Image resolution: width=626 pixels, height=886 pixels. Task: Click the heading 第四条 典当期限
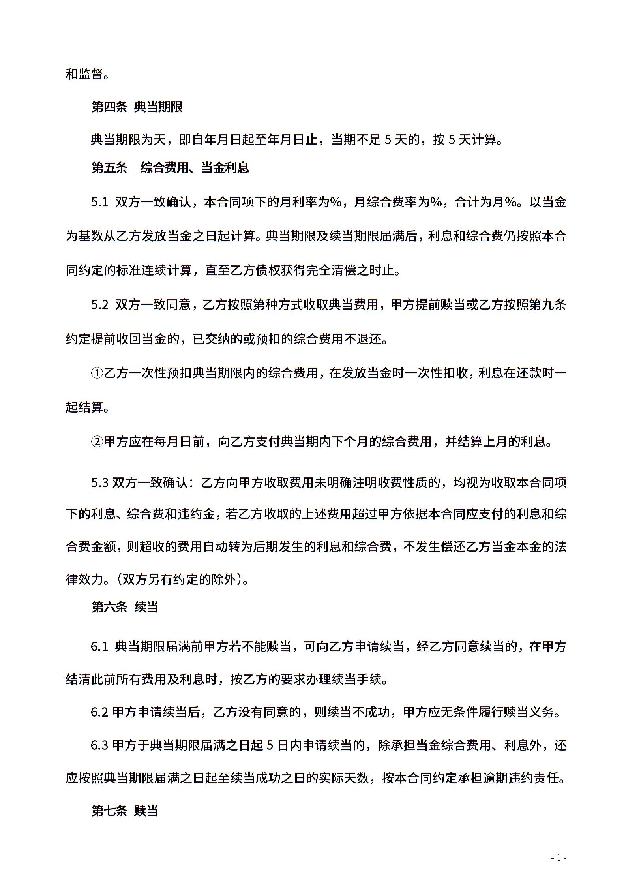coord(137,107)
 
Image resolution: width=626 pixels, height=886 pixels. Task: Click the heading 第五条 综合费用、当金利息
coord(170,167)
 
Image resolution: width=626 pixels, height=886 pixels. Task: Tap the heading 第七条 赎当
coord(125,811)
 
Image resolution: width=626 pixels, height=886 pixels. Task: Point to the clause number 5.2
coord(99,305)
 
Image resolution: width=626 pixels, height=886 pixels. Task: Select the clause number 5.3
coord(99,482)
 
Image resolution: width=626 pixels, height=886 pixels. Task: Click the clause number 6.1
coord(99,647)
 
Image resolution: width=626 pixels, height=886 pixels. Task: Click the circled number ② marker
coord(97,441)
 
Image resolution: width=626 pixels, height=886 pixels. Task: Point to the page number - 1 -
coord(559,858)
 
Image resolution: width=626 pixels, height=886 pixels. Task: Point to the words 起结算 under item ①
coord(84,407)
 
